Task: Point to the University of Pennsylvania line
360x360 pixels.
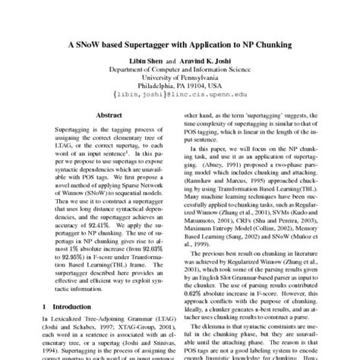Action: (x=179, y=78)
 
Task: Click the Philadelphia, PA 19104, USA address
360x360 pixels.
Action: (x=179, y=87)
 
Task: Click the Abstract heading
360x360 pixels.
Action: (x=109, y=115)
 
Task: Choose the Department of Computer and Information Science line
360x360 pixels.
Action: (x=179, y=69)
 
